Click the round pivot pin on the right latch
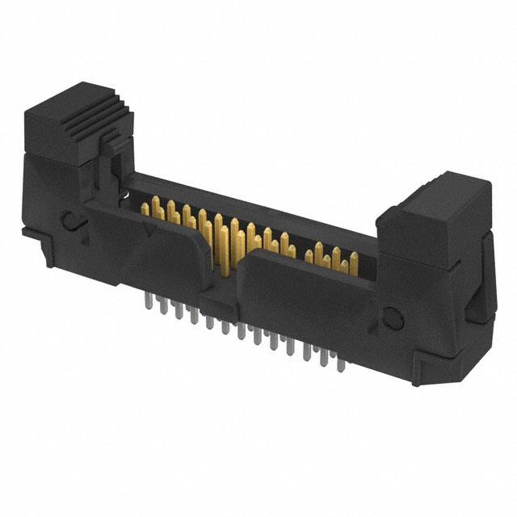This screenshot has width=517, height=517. pyautogui.click(x=393, y=317)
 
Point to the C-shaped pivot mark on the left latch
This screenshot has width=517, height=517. pyautogui.click(x=70, y=219)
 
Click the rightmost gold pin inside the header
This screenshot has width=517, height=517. pyautogui.click(x=354, y=263)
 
